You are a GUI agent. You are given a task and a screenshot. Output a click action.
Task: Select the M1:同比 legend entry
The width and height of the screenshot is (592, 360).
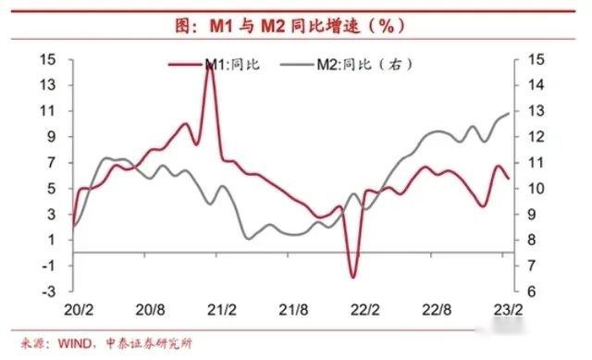pos(223,65)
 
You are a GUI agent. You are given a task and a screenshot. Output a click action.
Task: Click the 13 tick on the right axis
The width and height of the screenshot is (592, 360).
pos(536,111)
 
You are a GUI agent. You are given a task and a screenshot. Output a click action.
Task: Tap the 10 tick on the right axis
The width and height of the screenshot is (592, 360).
pos(536,188)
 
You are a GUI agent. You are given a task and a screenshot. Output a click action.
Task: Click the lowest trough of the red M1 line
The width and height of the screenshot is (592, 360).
pos(352,276)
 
